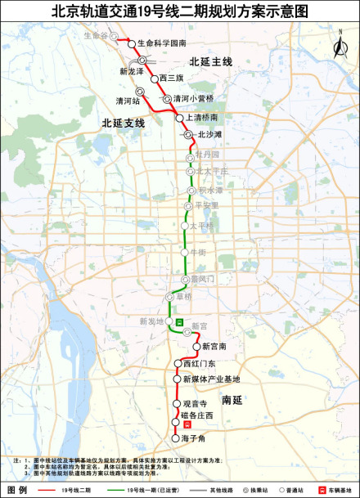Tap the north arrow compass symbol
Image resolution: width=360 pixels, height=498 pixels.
[x=338, y=44]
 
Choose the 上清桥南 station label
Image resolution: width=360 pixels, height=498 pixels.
[x=203, y=118]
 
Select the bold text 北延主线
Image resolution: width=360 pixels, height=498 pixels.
[x=211, y=61]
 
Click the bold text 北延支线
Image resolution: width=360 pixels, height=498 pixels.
[x=123, y=123]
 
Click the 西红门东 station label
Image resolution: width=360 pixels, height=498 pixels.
[x=199, y=363]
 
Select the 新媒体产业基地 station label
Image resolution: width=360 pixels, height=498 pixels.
[x=211, y=379]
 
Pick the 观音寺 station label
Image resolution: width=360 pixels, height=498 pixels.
[x=195, y=404]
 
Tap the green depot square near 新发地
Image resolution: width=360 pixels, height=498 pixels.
[x=179, y=322]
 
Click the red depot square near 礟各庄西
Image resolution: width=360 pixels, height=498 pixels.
[x=187, y=425]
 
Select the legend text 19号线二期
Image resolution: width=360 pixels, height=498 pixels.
[x=76, y=490]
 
